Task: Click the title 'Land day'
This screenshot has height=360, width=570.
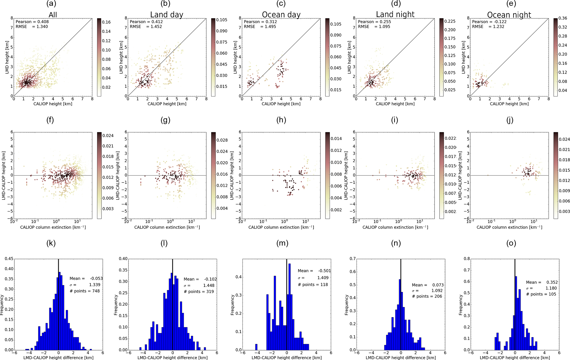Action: (x=167, y=15)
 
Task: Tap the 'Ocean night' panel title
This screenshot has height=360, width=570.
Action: (x=509, y=15)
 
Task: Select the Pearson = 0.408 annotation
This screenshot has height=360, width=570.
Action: (x=32, y=22)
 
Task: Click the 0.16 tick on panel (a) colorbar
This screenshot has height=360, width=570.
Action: (x=106, y=22)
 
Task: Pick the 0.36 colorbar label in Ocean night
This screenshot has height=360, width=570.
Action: (x=563, y=18)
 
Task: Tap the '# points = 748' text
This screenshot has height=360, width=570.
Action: (x=85, y=291)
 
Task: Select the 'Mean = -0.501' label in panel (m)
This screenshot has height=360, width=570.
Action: (x=314, y=271)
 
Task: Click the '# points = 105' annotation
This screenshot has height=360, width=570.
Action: (x=541, y=294)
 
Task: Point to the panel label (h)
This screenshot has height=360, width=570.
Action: (x=281, y=120)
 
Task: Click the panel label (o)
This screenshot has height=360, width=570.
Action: (x=511, y=243)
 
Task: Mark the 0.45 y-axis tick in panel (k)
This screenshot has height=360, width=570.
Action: (x=9, y=259)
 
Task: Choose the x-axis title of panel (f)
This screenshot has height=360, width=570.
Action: (x=53, y=227)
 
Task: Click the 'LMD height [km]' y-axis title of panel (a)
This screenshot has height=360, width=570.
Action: (x=7, y=57)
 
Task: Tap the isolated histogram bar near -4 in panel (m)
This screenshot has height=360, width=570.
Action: (x=256, y=347)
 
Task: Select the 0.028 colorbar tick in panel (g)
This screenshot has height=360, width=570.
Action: (x=222, y=140)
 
